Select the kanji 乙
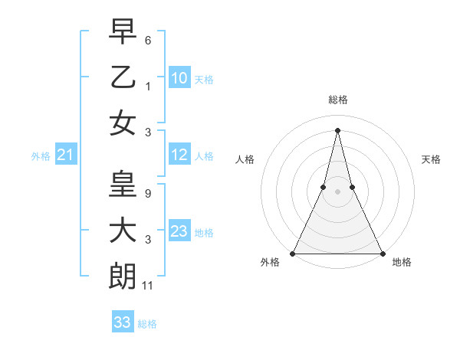pyautogui.click(x=123, y=77)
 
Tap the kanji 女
pyautogui.click(x=123, y=124)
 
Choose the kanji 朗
pyautogui.click(x=123, y=277)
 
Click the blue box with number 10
pyautogui.click(x=179, y=77)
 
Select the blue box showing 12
pyautogui.click(x=179, y=155)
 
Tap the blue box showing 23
pyautogui.click(x=179, y=231)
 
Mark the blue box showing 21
pyautogui.click(x=66, y=155)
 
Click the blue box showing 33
pyautogui.click(x=122, y=322)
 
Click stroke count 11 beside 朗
pyautogui.click(x=148, y=286)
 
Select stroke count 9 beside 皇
pyautogui.click(x=147, y=194)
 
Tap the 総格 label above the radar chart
pyautogui.click(x=337, y=100)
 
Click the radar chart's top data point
pyautogui.click(x=337, y=129)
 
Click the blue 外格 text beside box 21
pyautogui.click(x=41, y=156)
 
